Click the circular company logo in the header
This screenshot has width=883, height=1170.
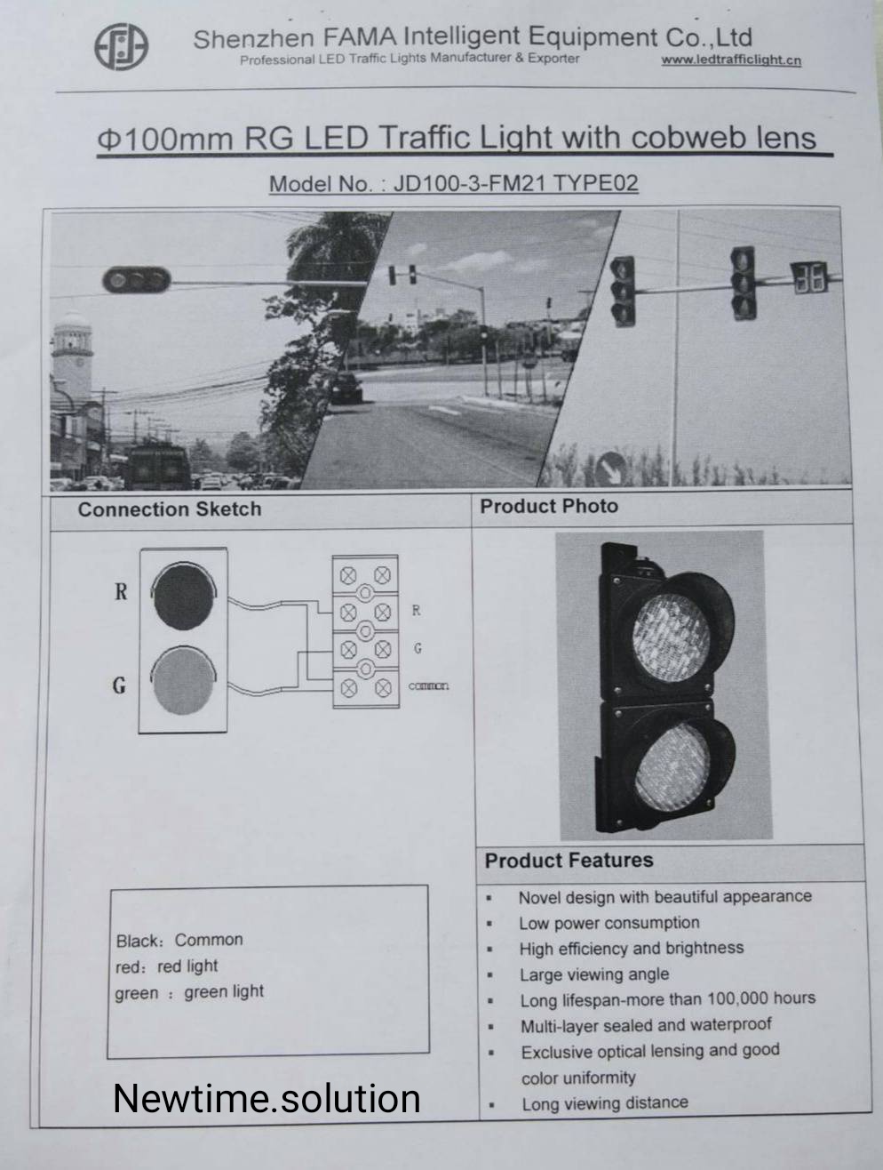click(x=122, y=47)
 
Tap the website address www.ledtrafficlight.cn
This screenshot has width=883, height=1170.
click(x=731, y=60)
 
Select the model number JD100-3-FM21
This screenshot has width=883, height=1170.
click(x=469, y=183)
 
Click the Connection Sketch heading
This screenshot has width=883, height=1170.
click(x=170, y=509)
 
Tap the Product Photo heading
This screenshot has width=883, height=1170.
click(x=549, y=506)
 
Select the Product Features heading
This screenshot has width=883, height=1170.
click(x=569, y=861)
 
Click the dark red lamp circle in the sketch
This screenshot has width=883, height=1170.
click(x=184, y=596)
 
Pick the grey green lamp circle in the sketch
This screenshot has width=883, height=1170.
click(x=184, y=681)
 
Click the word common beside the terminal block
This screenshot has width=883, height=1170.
click(x=429, y=686)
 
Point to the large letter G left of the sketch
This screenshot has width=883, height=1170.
click(x=119, y=685)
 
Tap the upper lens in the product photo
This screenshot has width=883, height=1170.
click(x=672, y=629)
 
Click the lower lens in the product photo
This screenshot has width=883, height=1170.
click(x=672, y=766)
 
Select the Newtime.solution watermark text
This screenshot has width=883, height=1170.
click(x=266, y=1099)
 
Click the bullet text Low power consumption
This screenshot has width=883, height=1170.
click(x=609, y=923)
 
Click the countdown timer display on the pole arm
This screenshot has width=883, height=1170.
click(x=809, y=277)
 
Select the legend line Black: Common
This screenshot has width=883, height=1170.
click(x=179, y=941)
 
